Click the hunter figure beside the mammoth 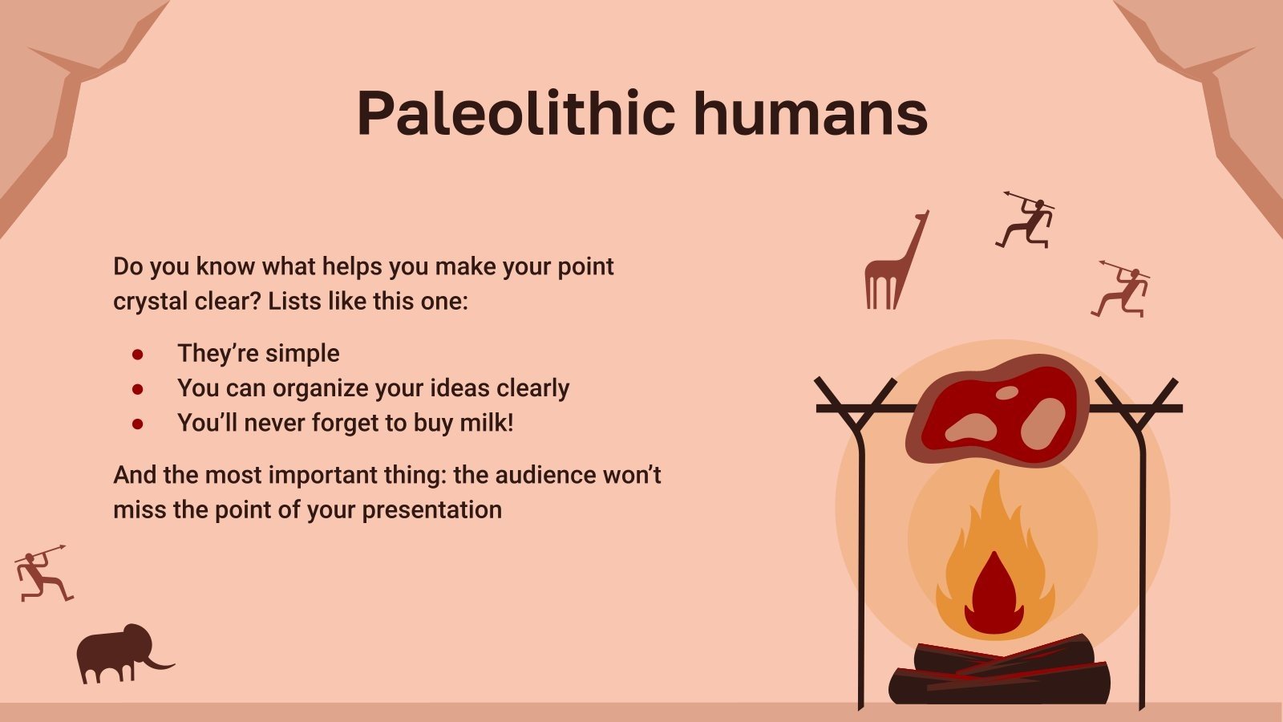click(40, 574)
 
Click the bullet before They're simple click(138, 354)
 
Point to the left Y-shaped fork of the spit click(855, 406)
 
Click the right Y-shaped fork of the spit click(1136, 406)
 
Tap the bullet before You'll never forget click(138, 424)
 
